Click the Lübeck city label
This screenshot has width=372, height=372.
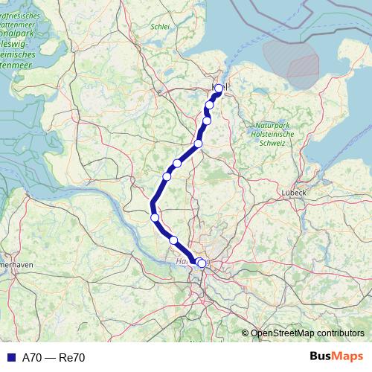click(294, 192)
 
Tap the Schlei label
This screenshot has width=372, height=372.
click(160, 26)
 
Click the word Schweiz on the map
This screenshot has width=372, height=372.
click(280, 143)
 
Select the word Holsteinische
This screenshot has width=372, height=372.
click(275, 134)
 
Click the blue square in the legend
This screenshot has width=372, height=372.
click(10, 358)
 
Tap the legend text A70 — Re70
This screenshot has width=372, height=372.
click(54, 358)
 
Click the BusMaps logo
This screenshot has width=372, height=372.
click(336, 357)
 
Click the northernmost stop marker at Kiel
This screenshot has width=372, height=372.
click(219, 88)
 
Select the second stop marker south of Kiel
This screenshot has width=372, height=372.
click(207, 121)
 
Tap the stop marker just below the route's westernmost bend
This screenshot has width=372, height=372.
click(155, 217)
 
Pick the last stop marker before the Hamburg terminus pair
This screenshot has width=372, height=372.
click(173, 240)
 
